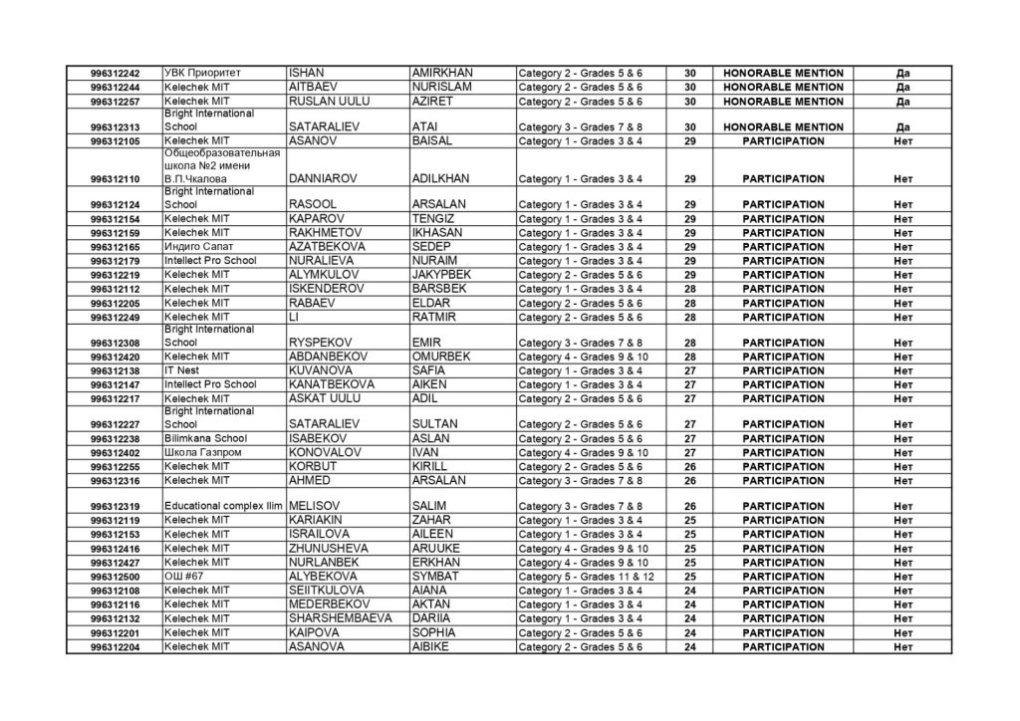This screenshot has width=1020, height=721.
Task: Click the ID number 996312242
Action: click(x=115, y=74)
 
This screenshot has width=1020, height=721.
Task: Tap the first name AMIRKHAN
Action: click(x=441, y=74)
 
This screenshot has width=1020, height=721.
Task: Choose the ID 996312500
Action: click(x=115, y=577)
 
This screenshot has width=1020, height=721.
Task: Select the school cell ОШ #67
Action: click(x=182, y=577)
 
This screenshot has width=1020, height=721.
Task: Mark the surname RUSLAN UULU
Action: click(x=334, y=102)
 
